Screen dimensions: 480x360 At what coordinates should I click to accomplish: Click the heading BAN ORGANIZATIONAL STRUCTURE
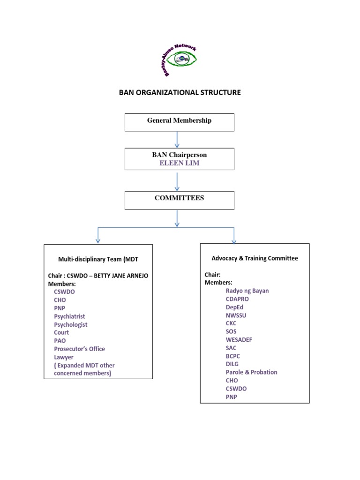point(180,92)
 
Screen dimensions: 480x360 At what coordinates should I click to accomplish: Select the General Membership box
point(179,122)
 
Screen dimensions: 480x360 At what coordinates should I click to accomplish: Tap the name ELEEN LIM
point(179,163)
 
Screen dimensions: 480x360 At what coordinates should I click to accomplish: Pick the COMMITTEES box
point(179,200)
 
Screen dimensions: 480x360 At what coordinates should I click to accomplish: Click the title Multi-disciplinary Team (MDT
point(98,259)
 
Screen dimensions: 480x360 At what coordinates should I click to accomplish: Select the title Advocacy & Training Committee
point(255,258)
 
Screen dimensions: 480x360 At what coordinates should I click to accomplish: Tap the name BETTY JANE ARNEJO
point(121,276)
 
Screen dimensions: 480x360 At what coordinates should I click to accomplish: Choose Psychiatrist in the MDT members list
point(69,316)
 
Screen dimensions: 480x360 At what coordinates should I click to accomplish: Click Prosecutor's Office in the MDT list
point(79,349)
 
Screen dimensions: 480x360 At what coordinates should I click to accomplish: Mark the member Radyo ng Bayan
point(247,291)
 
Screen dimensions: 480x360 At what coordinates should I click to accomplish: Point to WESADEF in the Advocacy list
point(239,339)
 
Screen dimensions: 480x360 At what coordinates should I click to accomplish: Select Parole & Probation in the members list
point(251,372)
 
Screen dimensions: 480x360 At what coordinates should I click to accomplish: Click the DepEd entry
point(234,307)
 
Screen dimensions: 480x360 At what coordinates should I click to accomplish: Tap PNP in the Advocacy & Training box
point(231,397)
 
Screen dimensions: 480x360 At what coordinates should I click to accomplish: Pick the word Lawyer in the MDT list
point(64,357)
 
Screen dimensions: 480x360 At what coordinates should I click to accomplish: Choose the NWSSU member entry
point(236,315)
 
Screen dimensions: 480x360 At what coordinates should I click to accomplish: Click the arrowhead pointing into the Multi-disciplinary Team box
point(98,240)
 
